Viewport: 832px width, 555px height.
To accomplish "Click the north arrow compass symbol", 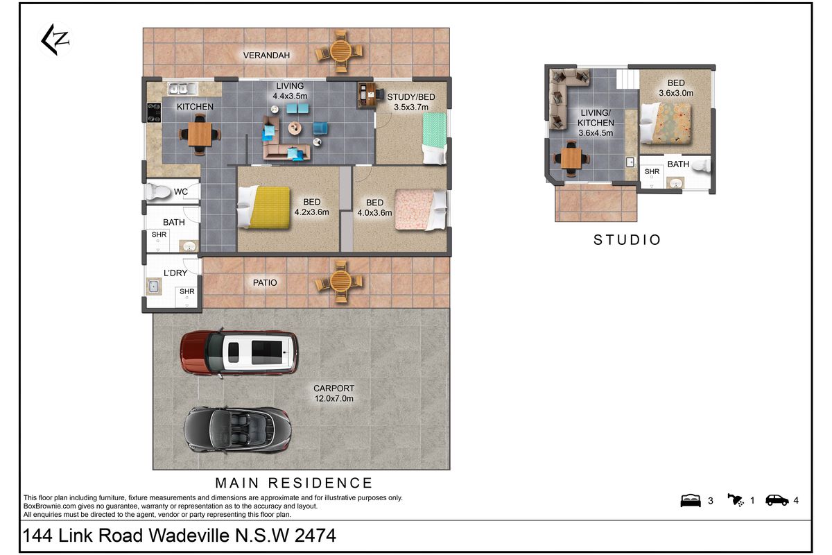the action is (55, 40).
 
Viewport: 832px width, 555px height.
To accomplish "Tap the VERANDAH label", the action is (266, 55).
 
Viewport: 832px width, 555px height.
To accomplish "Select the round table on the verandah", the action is (340, 52).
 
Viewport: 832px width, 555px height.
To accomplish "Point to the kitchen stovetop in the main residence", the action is (154, 112).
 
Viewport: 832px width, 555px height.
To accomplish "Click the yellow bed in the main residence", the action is (264, 207).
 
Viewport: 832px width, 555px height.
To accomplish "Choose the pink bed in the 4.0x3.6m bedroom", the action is (421, 210).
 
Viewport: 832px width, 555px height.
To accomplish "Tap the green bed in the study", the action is (435, 138).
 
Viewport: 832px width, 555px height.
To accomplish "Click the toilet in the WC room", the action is (158, 191).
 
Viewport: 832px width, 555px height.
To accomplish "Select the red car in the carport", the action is (239, 352).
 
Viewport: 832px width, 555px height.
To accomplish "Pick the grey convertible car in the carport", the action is (238, 430).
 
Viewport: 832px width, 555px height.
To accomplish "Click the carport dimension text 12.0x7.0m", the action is (334, 398).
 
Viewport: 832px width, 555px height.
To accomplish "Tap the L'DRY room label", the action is (175, 273).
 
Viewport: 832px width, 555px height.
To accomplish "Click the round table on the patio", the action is (340, 282).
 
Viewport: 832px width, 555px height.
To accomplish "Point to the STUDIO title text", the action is (627, 240).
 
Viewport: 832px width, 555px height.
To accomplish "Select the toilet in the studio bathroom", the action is (701, 165).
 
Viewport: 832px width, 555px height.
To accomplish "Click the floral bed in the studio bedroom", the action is (666, 123).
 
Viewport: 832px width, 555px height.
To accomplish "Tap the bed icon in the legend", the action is (691, 501).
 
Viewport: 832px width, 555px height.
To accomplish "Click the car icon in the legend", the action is (777, 500).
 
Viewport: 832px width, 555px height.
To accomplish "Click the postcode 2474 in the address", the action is (315, 536).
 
